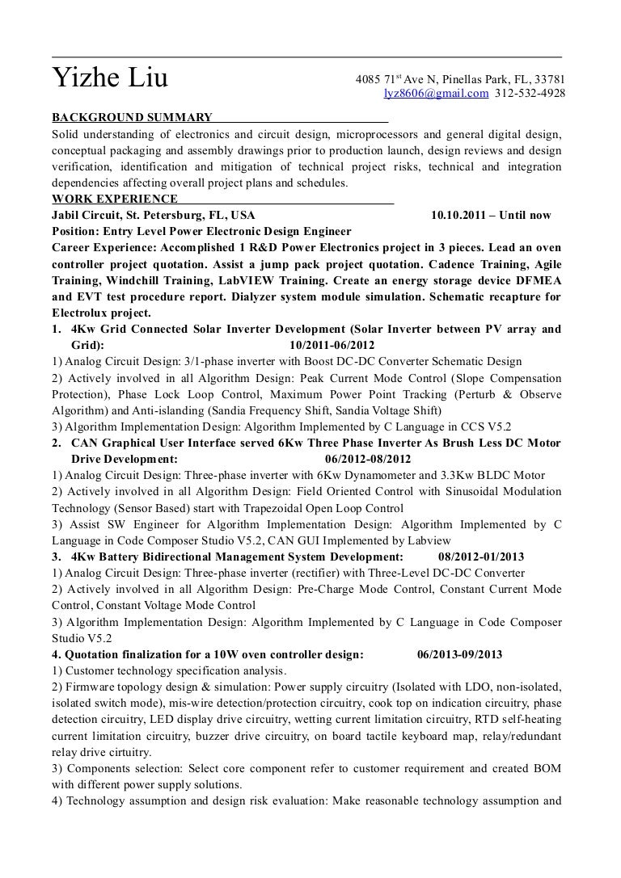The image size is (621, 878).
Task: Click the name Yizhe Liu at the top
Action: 110,79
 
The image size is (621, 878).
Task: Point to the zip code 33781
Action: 547,79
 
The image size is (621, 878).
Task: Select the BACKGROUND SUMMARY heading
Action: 132,117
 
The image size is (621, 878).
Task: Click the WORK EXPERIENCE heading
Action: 114,199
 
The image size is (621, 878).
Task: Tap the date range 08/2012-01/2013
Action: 481,557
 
